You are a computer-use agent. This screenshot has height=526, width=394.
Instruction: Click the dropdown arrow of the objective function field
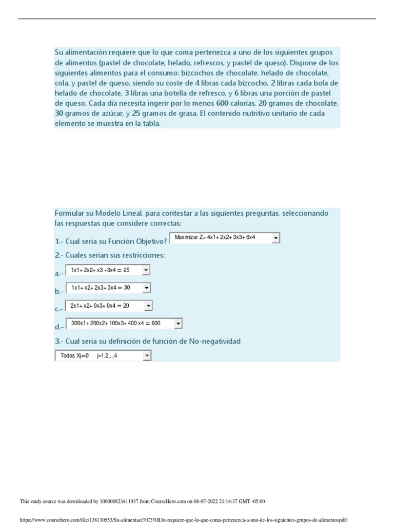(275, 238)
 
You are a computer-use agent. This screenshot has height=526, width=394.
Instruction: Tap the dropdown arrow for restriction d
(178, 324)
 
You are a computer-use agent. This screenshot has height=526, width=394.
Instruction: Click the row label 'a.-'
(58, 274)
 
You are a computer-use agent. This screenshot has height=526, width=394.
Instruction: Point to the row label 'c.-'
(58, 309)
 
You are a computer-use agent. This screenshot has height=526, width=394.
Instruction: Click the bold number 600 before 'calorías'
(222, 103)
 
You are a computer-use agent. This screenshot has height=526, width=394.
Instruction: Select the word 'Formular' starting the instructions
(69, 213)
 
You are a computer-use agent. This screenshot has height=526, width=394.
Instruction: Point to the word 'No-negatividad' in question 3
(214, 341)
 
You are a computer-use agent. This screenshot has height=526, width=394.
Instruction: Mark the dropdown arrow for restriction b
(146, 288)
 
